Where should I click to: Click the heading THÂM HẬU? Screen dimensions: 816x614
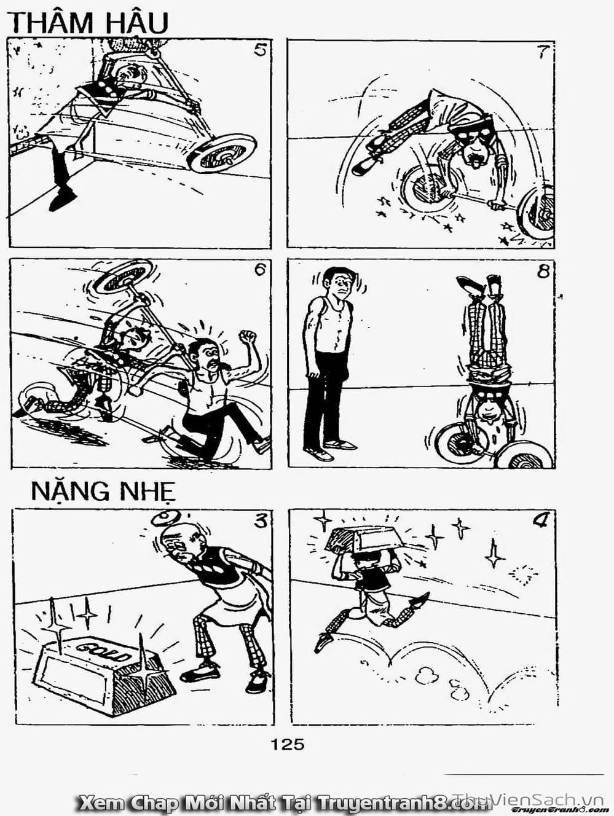pyautogui.click(x=88, y=23)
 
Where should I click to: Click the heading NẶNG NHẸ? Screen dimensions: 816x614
pyautogui.click(x=103, y=492)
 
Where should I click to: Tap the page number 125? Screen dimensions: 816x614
pyautogui.click(x=287, y=744)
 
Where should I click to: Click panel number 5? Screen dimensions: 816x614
pyautogui.click(x=260, y=50)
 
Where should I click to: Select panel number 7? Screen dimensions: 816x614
pyautogui.click(x=541, y=52)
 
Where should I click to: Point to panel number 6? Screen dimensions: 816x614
pyautogui.click(x=260, y=269)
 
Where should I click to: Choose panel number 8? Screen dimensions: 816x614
pyautogui.click(x=543, y=271)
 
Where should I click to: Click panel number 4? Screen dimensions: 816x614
pyautogui.click(x=540, y=521)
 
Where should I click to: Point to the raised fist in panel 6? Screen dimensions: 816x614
pyautogui.click(x=248, y=337)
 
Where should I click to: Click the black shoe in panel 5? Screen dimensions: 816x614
pyautogui.click(x=63, y=198)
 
